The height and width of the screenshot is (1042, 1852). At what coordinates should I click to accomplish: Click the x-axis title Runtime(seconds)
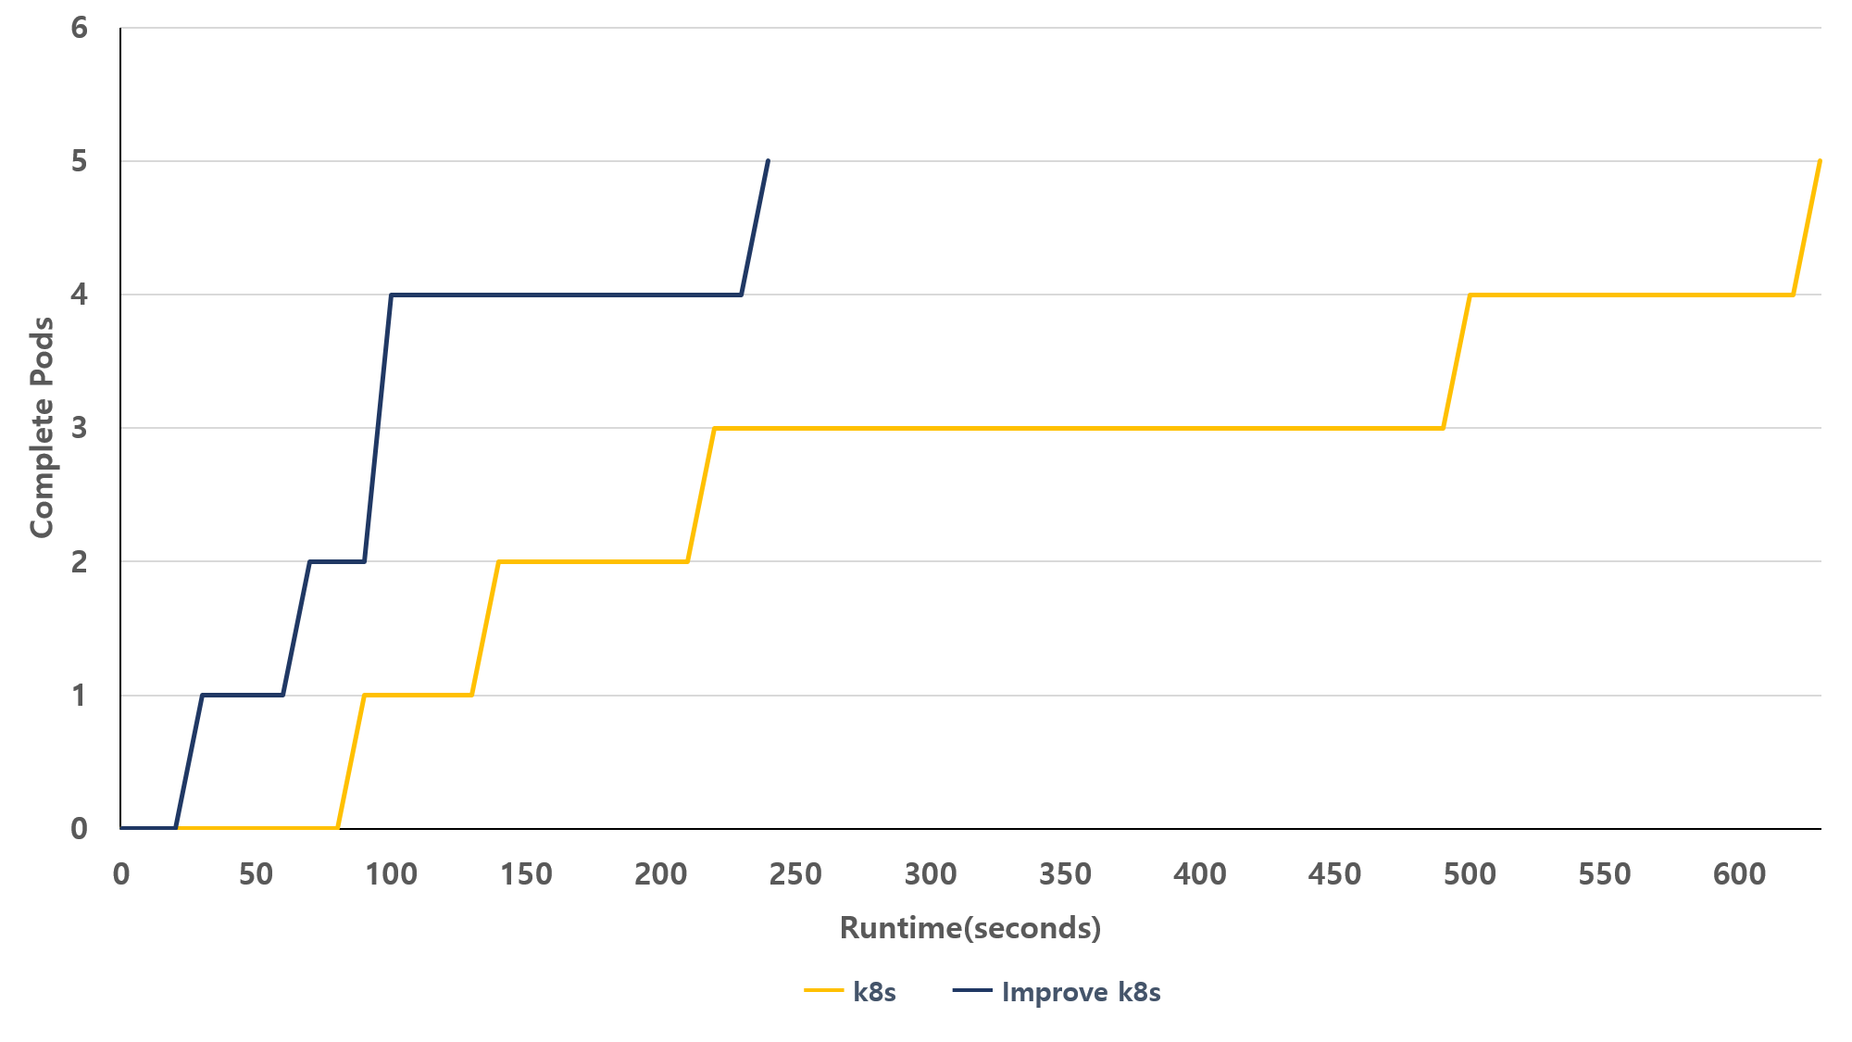tap(970, 927)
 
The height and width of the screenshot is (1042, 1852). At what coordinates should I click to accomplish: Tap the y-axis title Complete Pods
tap(43, 427)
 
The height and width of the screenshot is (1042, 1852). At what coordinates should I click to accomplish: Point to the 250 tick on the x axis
tap(795, 873)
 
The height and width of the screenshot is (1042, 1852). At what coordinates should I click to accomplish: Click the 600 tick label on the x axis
tap(1739, 873)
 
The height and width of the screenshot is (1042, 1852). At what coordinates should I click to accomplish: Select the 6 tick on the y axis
tap(80, 28)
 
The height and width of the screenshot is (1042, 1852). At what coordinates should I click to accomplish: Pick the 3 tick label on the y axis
tap(80, 428)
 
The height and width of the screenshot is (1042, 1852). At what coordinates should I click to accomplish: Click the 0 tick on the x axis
tap(121, 873)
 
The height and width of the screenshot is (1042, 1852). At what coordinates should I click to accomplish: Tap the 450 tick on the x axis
tap(1334, 873)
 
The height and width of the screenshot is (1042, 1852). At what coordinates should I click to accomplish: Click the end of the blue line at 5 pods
tap(769, 161)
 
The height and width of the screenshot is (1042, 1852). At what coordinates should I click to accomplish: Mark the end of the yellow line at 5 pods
tap(1821, 161)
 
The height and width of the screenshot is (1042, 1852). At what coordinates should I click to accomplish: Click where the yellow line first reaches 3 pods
tap(714, 428)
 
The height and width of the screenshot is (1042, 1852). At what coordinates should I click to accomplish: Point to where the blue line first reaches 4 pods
tap(391, 295)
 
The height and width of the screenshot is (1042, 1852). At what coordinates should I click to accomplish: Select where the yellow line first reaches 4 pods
tap(1470, 295)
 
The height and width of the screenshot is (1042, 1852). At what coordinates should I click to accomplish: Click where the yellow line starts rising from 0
tap(337, 827)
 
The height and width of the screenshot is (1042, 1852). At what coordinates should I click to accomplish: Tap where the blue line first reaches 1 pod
tap(202, 695)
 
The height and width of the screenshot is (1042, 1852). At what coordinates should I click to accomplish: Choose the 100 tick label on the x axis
tap(391, 873)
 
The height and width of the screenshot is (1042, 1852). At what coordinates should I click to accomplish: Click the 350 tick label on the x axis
tap(1065, 873)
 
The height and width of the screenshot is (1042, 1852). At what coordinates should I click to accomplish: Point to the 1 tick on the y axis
tap(80, 695)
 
